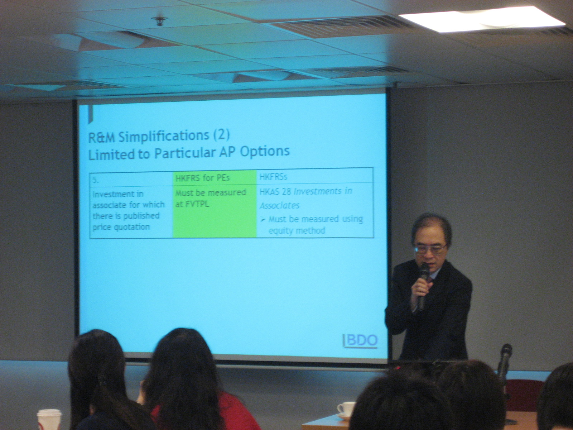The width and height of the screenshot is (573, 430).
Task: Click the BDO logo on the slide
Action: pos(360,341)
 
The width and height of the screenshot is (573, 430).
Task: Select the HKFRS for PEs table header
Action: pos(202,178)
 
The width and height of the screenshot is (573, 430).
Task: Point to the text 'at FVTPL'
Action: pos(192,204)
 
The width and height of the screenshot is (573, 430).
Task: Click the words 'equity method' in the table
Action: pos(297,230)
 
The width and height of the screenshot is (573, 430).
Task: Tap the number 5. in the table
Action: pos(95,180)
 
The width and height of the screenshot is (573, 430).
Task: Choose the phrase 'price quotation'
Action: pos(121,227)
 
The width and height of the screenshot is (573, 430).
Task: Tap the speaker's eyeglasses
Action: pos(430,249)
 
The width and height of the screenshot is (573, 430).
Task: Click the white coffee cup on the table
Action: pos(346,410)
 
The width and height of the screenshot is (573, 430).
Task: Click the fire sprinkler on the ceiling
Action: pos(159,21)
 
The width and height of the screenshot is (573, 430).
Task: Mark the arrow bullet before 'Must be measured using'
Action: pos(263,220)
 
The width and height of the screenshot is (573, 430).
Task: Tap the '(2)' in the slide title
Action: pos(221,135)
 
